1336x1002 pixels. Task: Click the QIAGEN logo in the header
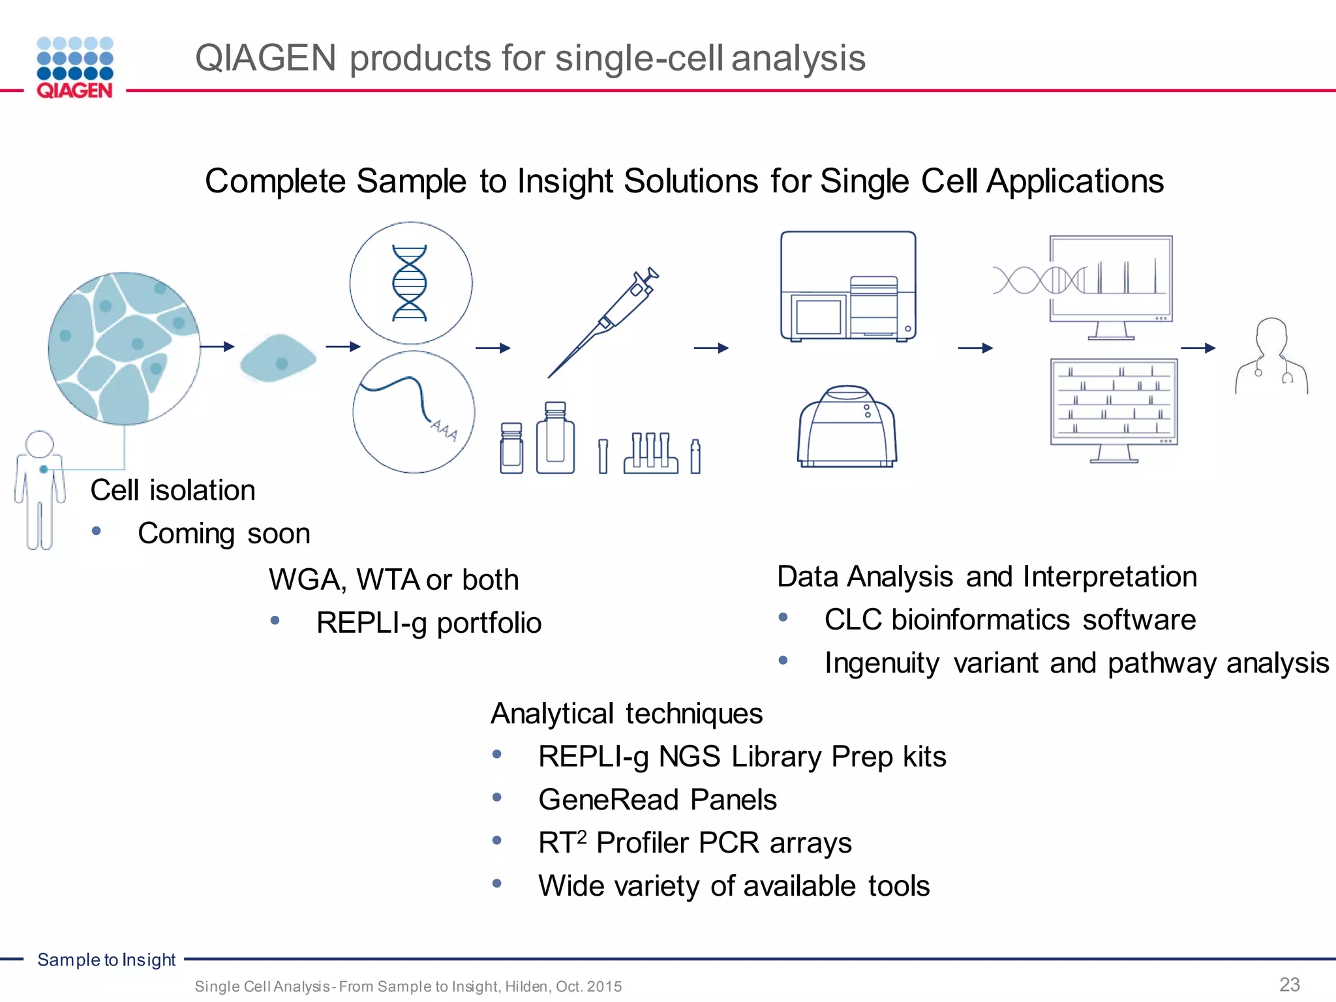[75, 68]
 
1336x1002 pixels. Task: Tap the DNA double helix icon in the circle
[410, 283]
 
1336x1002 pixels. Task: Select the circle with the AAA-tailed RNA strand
[414, 412]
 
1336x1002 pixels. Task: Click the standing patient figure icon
[40, 490]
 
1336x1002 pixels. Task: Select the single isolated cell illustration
[278, 358]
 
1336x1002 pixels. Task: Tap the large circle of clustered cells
[124, 348]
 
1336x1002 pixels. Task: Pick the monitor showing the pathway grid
[1114, 408]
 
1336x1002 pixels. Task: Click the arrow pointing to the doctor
[1198, 348]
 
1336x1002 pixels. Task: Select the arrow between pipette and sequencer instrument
[711, 348]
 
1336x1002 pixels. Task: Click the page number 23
[1289, 984]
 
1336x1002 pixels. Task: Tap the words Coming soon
[224, 534]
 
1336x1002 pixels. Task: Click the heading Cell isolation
[173, 491]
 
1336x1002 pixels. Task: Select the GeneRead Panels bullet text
[658, 800]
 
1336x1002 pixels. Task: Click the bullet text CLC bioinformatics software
[1010, 620]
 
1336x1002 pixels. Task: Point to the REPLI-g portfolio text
[429, 623]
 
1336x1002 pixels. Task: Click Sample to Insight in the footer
[106, 960]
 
